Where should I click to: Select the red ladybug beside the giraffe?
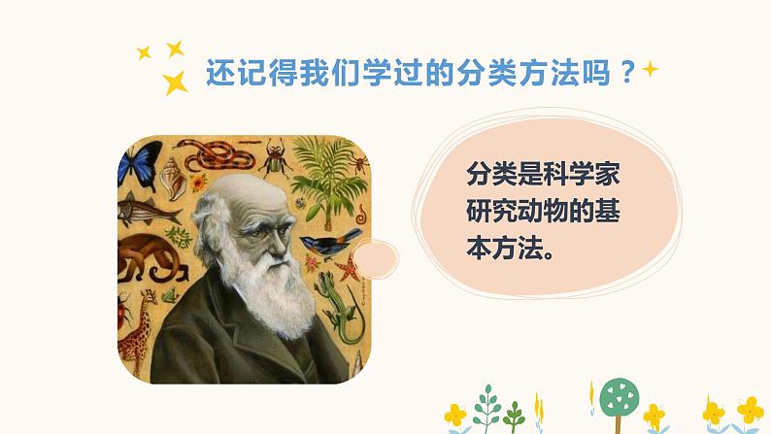click(x=124, y=312)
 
